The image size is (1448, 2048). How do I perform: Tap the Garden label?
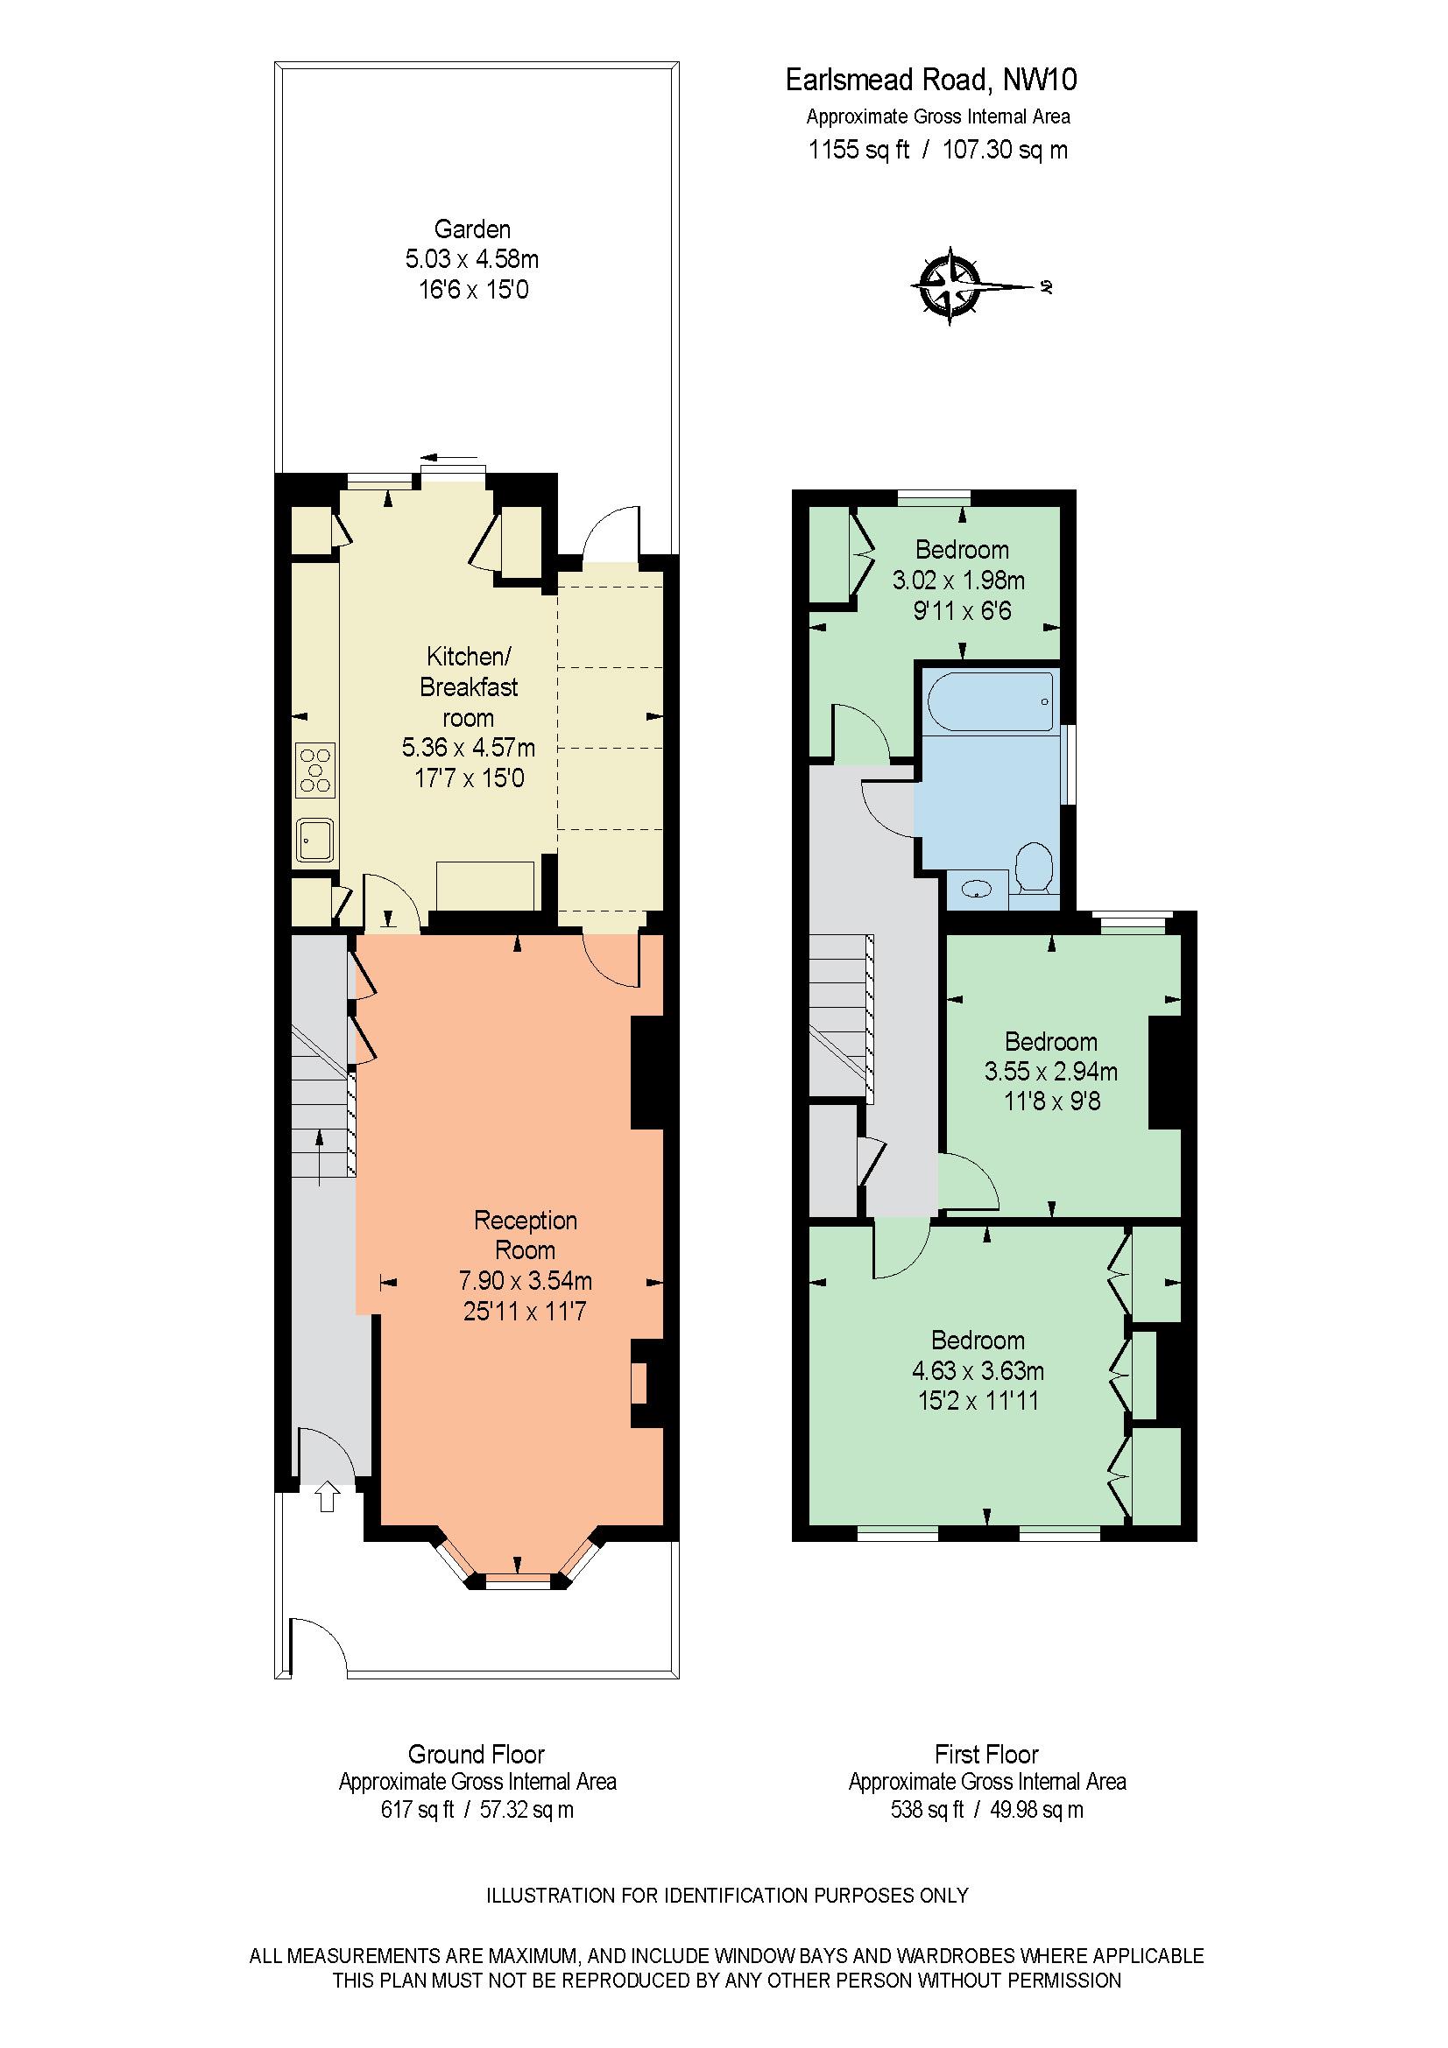(x=472, y=229)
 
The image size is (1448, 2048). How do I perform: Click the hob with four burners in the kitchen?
(x=316, y=769)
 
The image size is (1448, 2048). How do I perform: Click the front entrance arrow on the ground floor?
(x=327, y=1496)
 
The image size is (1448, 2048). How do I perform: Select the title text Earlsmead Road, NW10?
(x=930, y=81)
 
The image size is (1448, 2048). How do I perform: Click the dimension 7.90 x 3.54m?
(x=526, y=1281)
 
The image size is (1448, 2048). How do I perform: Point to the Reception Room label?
(x=526, y=1235)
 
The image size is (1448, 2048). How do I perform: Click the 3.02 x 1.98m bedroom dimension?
(x=959, y=581)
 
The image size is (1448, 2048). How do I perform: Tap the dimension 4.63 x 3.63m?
(x=978, y=1370)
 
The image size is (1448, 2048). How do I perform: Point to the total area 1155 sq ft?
(x=858, y=150)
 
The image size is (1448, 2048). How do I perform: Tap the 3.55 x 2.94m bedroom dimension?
(x=1051, y=1071)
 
